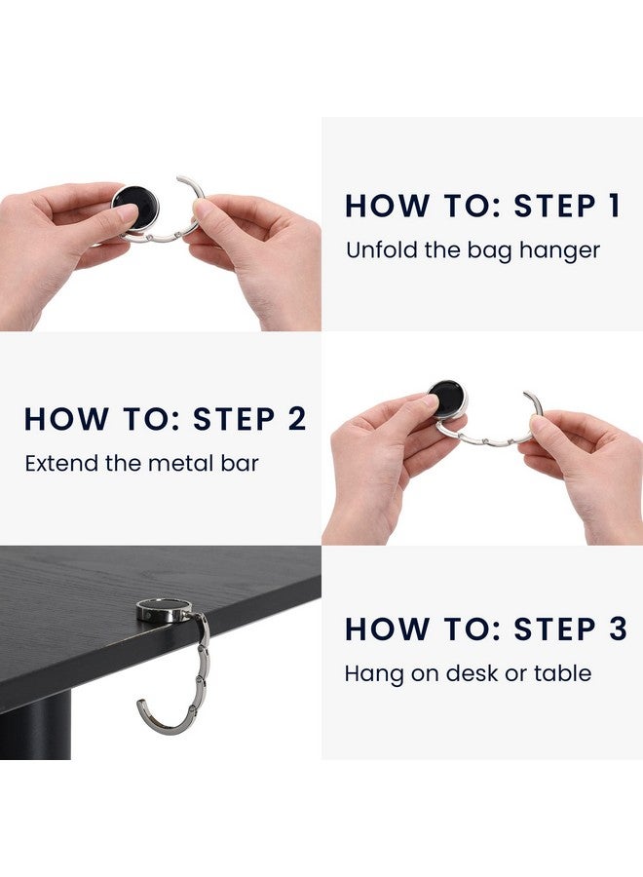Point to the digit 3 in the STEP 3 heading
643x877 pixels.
click(617, 629)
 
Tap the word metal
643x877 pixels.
click(180, 463)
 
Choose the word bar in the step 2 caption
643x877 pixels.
click(240, 463)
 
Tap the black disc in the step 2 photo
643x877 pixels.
click(447, 398)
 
